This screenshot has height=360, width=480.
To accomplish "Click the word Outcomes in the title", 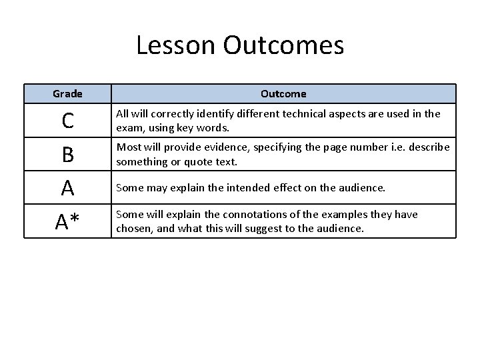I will coord(284,46).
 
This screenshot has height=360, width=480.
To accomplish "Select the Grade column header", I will coord(67,94).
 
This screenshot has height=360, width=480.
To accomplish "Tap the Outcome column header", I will coord(283,94).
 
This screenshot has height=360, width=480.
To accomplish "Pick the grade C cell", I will coord(67,121).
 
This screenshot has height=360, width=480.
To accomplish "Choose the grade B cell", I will coord(67,155).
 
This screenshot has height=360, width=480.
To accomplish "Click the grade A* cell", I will coord(67,221).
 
